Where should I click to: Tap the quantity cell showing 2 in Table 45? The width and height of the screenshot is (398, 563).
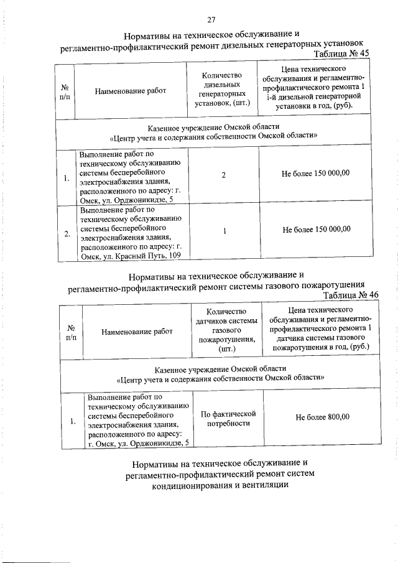coord(223,176)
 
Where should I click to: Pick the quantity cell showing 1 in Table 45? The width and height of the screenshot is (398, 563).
coord(223,230)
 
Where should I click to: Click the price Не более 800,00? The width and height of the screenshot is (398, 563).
coord(322,417)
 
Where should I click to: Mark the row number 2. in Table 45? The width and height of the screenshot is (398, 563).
coord(67,234)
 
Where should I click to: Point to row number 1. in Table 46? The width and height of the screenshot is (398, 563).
coord(73,422)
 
